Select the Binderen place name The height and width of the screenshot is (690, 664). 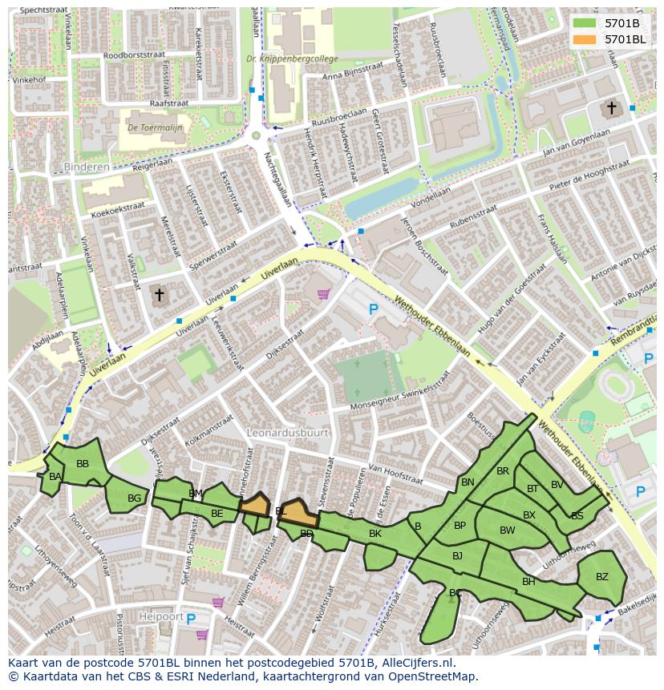[86, 167]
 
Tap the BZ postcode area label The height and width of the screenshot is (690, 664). [602, 576]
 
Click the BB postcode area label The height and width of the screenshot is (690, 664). [82, 463]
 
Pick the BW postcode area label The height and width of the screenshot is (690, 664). [507, 530]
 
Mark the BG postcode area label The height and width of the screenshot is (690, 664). [134, 498]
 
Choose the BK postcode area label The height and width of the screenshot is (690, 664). [375, 533]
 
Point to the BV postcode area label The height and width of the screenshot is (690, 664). [557, 484]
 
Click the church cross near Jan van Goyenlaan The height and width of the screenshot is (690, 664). [611, 107]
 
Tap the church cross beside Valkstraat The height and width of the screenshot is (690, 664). [159, 295]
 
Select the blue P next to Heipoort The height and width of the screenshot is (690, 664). [190, 618]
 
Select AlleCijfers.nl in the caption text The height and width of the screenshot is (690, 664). [416, 663]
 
